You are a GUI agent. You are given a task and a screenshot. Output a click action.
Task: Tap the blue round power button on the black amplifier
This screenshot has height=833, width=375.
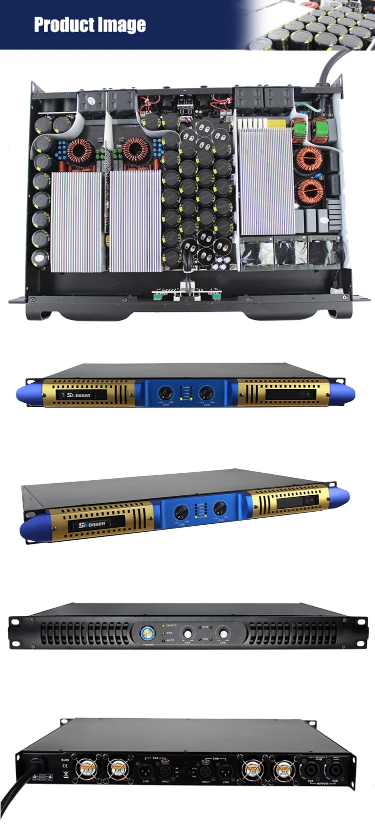pos(147,634)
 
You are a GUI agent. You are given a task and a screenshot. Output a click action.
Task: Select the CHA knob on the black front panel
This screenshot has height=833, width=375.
pos(187,634)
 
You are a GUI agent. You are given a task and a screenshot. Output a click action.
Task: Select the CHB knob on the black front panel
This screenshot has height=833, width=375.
pos(223,634)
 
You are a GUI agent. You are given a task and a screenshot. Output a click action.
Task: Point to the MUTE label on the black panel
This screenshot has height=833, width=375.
pos(170,640)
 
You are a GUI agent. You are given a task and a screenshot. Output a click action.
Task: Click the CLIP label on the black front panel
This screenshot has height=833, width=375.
pos(205,627)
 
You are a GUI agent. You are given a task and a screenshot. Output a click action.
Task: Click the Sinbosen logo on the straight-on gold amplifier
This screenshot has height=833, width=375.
pos(78,395)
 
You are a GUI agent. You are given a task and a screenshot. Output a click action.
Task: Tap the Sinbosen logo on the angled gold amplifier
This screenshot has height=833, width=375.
pos(92,524)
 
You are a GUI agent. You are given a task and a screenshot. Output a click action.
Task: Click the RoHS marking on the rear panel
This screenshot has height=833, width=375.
pos(65,760)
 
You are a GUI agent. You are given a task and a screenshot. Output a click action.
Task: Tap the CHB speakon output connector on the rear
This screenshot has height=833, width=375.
pos(334,770)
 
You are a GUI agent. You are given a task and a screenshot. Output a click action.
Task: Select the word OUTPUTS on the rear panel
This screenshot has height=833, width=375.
pos(323,784)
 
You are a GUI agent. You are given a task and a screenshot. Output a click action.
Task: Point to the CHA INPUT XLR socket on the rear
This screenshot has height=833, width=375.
pos(165,771)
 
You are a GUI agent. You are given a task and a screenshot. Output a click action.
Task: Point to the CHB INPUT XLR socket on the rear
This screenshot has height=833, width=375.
pos(205,771)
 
